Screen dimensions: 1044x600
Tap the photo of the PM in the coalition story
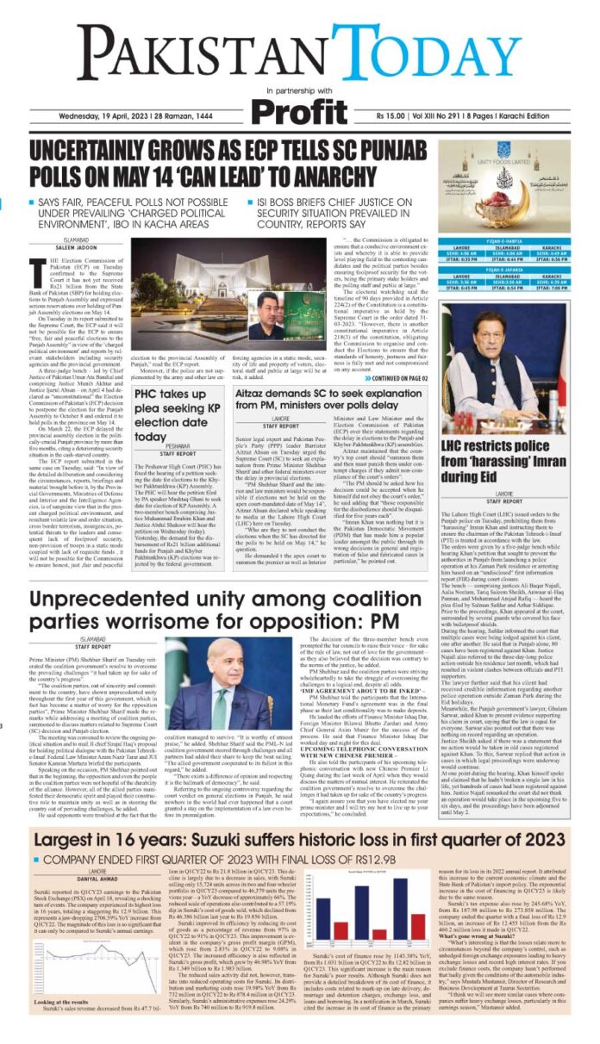click(x=218, y=634)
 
